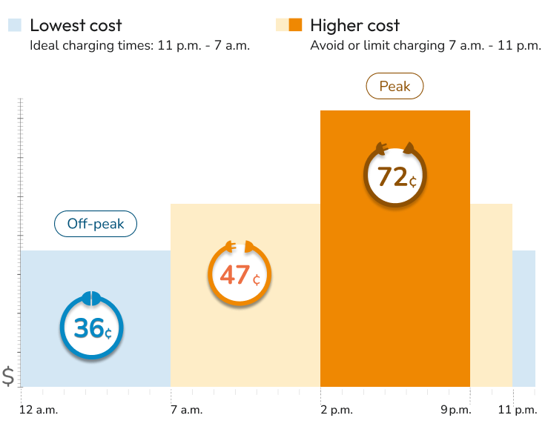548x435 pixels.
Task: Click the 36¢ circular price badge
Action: [x=91, y=328]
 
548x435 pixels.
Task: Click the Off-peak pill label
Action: [x=96, y=224]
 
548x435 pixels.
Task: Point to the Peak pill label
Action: [x=395, y=87]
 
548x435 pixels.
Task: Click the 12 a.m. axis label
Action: [x=39, y=410]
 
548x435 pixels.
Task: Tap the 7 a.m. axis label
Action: [x=186, y=410]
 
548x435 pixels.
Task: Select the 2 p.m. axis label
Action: [x=337, y=410]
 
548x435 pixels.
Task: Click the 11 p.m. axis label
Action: [x=516, y=410]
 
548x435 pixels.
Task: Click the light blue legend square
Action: [x=15, y=25]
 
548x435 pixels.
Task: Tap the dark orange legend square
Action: [x=295, y=25]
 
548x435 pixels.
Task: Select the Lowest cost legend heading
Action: [x=76, y=25]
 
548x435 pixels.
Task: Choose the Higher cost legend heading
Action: [x=355, y=25]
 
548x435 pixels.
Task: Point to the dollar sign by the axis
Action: [x=8, y=376]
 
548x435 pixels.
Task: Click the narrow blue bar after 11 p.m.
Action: [x=524, y=319]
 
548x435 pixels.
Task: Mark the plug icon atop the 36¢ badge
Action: [x=91, y=298]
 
